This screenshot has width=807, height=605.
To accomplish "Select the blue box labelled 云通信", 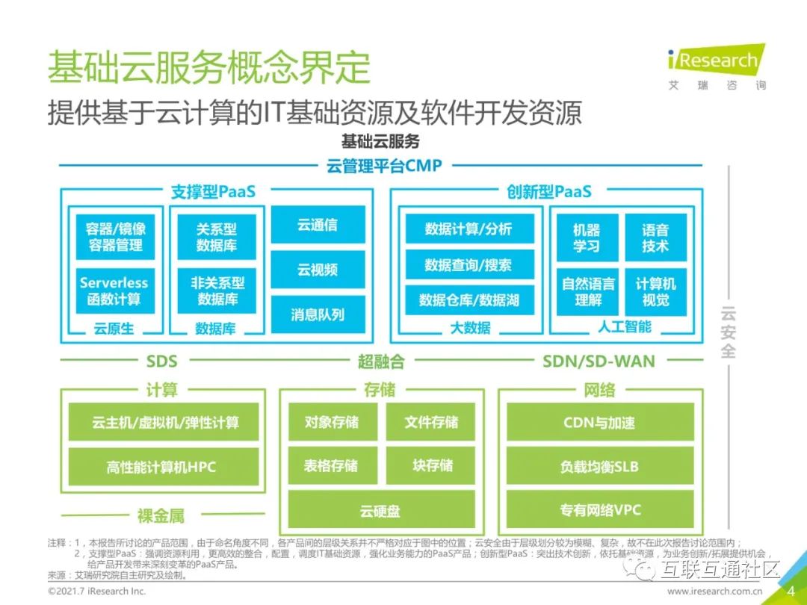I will point(318,225).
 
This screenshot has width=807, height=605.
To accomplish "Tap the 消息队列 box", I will point(318,314).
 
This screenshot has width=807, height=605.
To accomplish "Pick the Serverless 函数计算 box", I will point(114,291).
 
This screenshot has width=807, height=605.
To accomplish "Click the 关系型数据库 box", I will point(217,237).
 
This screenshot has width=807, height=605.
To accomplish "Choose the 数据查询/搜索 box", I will point(469,264).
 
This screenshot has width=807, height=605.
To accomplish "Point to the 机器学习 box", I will point(587,237).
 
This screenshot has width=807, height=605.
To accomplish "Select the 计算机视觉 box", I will point(655,291).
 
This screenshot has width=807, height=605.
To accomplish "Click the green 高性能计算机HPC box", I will point(162,467).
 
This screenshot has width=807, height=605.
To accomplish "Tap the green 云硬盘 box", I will point(381,511).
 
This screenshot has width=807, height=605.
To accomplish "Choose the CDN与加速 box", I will point(600,422).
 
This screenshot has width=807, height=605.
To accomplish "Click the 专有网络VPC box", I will point(600,511).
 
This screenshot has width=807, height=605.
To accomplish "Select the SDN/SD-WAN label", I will point(599,362).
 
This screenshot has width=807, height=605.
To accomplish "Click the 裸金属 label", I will point(161,515).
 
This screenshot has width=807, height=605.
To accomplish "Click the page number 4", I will point(791,591).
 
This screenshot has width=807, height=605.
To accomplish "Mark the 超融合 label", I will point(381,362).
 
